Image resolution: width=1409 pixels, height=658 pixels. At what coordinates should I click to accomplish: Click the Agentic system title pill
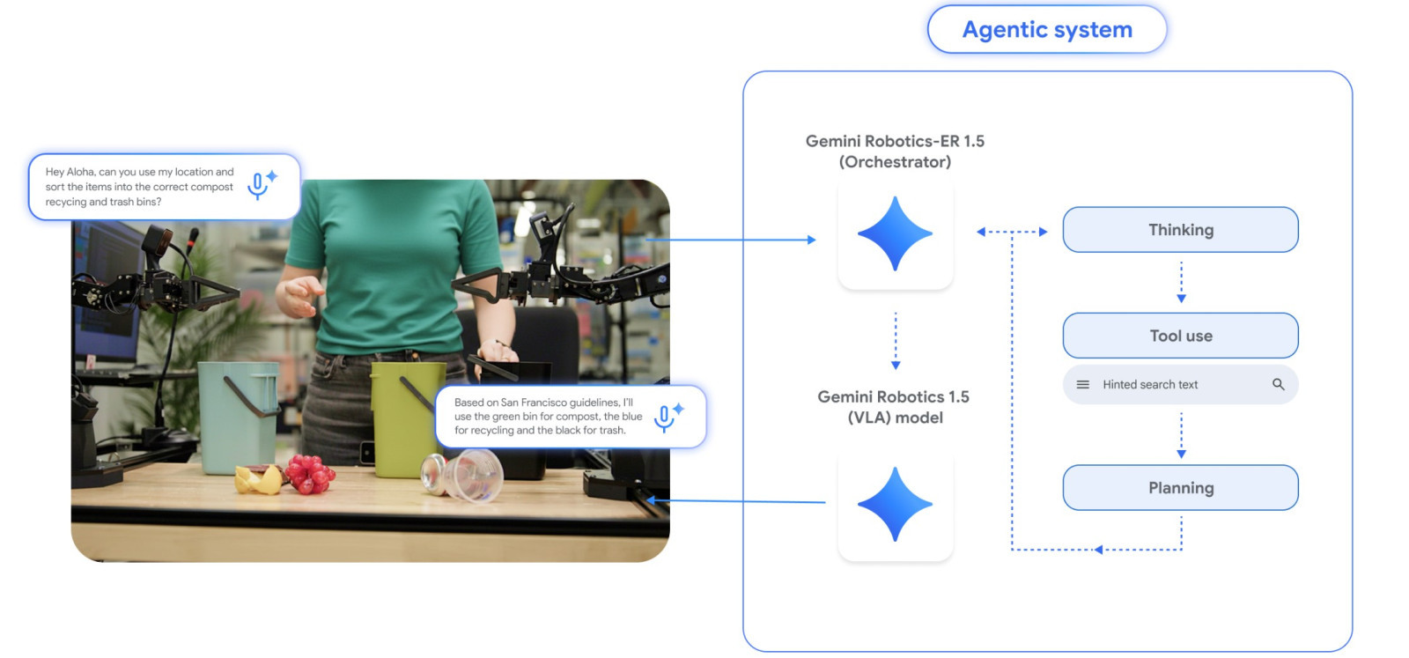(1046, 30)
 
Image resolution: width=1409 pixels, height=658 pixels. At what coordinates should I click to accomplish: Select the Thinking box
(1180, 230)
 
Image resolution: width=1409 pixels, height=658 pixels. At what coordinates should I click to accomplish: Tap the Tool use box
(1180, 336)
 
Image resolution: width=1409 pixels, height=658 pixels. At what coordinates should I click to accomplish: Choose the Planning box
(1180, 488)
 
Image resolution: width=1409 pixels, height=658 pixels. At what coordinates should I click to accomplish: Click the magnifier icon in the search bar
(1278, 385)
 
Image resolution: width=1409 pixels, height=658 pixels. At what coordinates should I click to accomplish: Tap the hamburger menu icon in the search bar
(1083, 385)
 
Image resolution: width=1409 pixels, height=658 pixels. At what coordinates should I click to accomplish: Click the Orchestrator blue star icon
(895, 233)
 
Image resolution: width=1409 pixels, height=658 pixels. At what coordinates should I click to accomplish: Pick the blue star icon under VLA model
(895, 504)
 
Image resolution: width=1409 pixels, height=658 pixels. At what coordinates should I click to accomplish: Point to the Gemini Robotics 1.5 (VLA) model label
(893, 407)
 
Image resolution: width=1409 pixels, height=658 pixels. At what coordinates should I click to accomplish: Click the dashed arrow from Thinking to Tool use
(1181, 282)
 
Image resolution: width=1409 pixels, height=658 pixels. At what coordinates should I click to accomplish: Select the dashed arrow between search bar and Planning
(1181, 435)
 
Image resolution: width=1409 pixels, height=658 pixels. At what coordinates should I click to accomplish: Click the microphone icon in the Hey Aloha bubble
(258, 185)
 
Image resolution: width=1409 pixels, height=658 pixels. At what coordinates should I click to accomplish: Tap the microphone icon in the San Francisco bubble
(665, 417)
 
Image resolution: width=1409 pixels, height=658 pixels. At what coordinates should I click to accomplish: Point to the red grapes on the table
(308, 473)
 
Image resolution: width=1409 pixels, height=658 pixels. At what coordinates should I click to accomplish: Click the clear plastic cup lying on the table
(465, 475)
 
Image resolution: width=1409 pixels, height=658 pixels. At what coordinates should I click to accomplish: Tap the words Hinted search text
(1150, 385)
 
